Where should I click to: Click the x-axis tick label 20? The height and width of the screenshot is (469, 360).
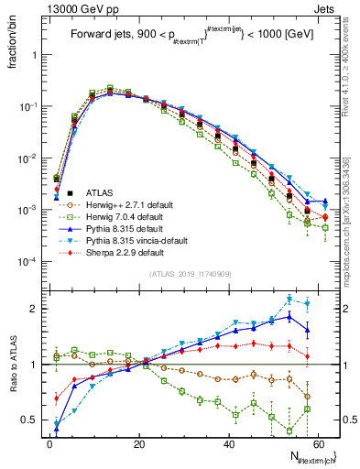(139, 442)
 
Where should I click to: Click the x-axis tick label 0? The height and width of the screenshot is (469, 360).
(49, 442)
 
